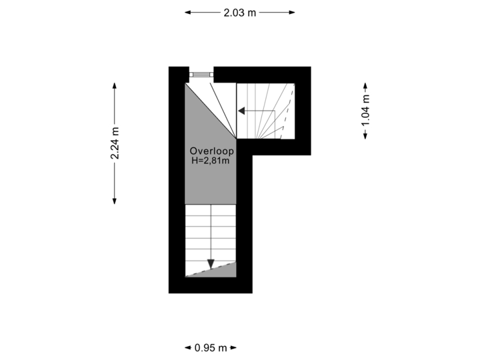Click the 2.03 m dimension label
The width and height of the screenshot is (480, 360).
240,13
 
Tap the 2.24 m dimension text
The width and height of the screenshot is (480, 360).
115,143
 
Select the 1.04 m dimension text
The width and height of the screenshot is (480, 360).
365,111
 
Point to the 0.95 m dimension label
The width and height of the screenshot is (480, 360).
211,348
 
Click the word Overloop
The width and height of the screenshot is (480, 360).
212,151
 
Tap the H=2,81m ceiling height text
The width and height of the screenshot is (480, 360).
211,161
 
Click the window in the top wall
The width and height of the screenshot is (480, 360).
201,75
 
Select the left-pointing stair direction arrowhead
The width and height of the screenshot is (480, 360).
241,111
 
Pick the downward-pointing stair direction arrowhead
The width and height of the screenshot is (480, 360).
211,264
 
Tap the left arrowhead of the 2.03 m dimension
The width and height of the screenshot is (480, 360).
187,13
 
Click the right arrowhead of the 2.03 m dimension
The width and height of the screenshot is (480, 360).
292,13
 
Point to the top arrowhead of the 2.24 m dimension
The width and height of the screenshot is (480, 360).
115,86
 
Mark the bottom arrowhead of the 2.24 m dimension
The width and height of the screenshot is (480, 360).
115,201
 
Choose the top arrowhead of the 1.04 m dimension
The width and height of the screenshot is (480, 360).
365,86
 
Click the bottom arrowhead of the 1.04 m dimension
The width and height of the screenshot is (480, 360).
365,135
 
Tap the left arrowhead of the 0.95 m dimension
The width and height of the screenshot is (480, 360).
188,348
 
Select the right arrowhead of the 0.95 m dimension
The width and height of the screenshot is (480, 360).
233,348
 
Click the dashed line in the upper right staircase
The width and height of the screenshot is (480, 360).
287,111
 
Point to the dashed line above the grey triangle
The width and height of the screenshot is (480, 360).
211,269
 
